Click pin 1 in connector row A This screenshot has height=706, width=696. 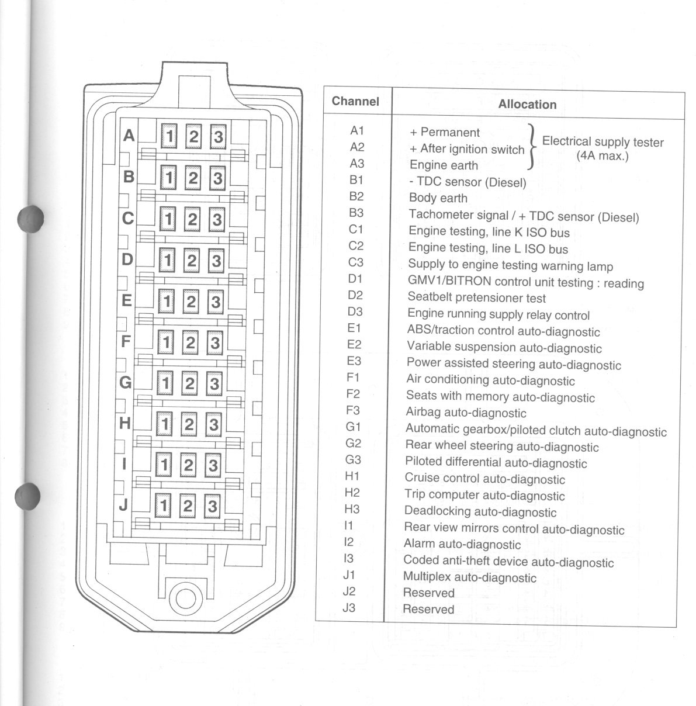169,136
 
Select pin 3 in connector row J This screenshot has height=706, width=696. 212,506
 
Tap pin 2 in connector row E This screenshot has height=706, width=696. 191,302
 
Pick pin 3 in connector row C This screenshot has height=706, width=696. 217,220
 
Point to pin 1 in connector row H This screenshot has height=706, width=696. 165,424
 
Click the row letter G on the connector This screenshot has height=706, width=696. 125,382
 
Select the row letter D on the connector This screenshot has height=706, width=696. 127,259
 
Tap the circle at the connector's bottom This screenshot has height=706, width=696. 189,598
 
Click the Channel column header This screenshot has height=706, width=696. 355,101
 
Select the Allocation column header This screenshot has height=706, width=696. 527,105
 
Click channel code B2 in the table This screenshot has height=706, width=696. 356,196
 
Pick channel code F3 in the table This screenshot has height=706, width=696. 353,410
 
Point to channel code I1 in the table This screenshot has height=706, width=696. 348,525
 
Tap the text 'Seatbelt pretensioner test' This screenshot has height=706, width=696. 476,297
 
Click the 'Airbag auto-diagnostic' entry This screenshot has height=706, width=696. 466,413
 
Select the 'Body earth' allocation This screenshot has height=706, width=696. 438,198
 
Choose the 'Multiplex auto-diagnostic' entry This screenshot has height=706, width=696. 469,577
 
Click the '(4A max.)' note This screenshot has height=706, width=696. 602,156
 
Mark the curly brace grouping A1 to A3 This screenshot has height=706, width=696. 531,147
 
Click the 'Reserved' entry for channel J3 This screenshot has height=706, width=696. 428,609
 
